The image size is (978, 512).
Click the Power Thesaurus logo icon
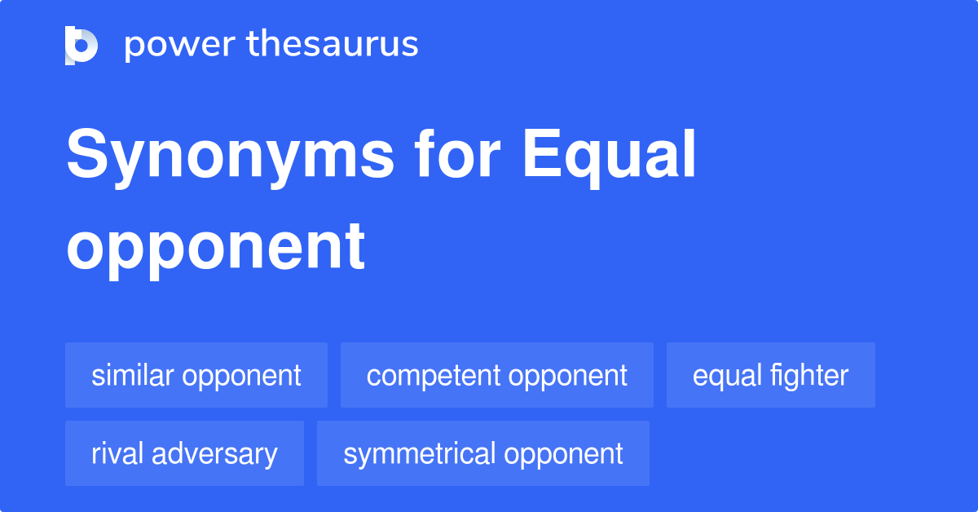81,45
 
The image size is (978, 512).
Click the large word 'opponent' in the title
215,246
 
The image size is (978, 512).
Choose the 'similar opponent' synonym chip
196,375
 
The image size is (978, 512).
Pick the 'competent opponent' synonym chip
496,375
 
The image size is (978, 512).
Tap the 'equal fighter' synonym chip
770,375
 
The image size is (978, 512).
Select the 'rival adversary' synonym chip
184,453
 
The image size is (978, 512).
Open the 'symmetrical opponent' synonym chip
482,453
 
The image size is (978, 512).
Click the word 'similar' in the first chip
133,375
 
